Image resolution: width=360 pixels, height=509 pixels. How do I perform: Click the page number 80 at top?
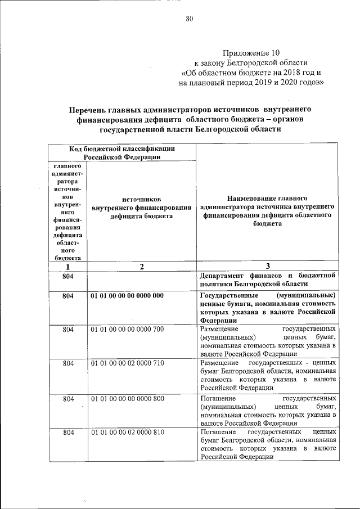(189, 19)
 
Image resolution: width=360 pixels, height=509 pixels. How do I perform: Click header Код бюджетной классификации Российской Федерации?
(121, 152)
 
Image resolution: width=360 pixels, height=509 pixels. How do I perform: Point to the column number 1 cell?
(68, 267)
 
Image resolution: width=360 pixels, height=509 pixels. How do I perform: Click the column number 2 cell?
(142, 267)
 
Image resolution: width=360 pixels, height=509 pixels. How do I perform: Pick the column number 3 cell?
(268, 267)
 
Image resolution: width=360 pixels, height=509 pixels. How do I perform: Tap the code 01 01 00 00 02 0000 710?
(127, 363)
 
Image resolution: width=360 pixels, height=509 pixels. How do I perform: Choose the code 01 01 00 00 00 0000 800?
(127, 398)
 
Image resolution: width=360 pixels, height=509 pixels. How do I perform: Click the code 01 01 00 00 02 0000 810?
(127, 432)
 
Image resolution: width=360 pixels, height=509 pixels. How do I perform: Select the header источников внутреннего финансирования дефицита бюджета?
(142, 208)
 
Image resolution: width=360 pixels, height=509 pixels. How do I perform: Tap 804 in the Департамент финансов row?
(68, 276)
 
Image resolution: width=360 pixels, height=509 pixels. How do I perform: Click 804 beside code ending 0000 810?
(68, 432)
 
